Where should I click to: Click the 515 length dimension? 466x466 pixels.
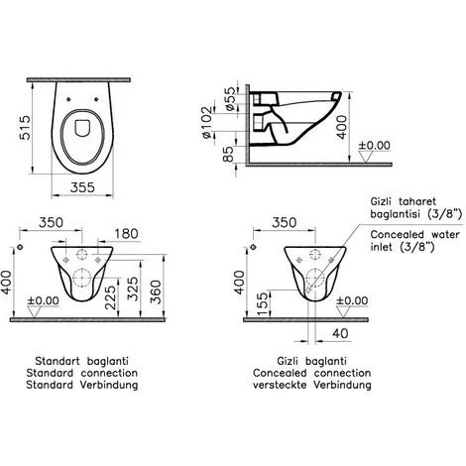25,127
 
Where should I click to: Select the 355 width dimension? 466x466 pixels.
82,187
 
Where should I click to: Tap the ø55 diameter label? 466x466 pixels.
230,98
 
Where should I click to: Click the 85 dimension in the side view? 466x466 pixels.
228,154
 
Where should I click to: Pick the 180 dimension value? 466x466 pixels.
126,234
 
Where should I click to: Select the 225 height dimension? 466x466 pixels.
111,297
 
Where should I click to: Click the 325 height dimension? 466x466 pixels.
133,289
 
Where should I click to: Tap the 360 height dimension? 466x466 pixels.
156,291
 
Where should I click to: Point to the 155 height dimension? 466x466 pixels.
264,304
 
